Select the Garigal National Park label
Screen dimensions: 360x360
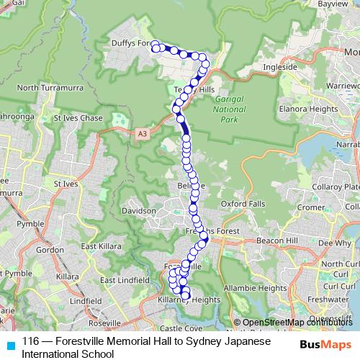(x=230, y=107)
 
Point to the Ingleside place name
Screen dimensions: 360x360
(x=281, y=67)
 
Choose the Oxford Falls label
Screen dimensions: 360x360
(x=243, y=204)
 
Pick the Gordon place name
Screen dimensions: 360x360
(x=50, y=250)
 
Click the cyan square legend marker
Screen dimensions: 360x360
(x=9, y=343)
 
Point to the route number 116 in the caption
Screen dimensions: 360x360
(x=30, y=340)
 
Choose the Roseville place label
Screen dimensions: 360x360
(x=104, y=324)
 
